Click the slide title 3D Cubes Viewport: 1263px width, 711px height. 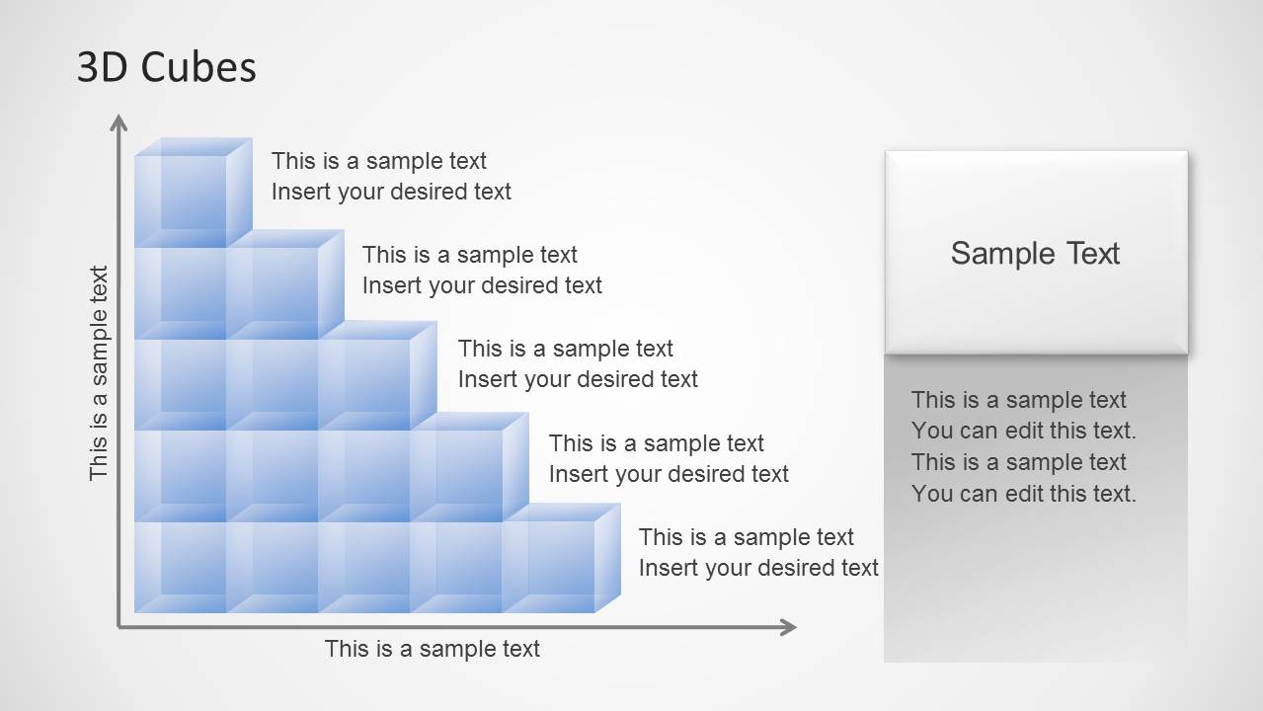tap(166, 67)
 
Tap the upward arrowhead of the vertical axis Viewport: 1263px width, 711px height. tap(119, 123)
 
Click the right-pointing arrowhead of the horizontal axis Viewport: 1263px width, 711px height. tap(787, 626)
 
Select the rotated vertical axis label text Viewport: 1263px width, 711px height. tap(99, 373)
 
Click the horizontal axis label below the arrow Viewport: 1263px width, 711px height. tap(433, 649)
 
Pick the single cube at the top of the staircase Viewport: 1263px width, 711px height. tap(188, 196)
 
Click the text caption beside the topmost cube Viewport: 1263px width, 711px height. tap(391, 176)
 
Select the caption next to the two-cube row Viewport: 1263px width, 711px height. tap(482, 270)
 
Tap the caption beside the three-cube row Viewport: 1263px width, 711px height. tap(578, 363)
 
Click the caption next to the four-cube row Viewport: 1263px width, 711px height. tap(669, 458)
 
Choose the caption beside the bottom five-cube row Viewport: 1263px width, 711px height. tap(758, 552)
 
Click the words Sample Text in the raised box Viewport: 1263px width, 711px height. tap(1035, 254)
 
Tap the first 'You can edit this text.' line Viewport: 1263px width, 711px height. tap(1024, 431)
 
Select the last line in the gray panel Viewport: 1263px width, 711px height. tap(1024, 494)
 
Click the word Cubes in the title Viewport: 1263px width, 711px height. tap(198, 67)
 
